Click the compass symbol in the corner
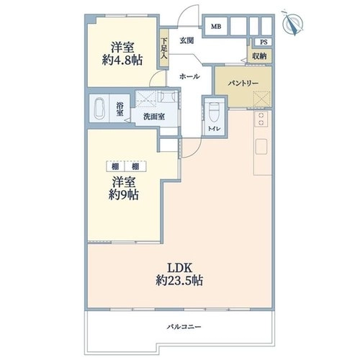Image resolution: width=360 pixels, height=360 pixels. [x=292, y=24]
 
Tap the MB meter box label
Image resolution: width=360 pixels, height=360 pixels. [x=216, y=27]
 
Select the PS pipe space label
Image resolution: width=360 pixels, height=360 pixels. [x=264, y=42]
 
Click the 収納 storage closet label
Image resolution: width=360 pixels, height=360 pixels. [x=259, y=56]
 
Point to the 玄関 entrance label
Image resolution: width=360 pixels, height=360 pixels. [x=186, y=40]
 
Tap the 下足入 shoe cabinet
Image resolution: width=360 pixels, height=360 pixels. [x=164, y=48]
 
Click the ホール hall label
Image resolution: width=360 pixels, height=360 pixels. [x=189, y=76]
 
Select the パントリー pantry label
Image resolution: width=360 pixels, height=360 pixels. [x=243, y=84]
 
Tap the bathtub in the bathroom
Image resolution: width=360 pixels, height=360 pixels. [x=99, y=108]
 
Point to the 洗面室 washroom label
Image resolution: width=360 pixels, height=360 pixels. [x=154, y=117]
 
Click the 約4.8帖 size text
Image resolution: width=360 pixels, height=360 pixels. [x=122, y=60]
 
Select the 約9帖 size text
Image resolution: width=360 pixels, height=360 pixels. [x=123, y=195]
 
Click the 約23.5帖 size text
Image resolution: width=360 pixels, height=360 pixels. [x=179, y=280]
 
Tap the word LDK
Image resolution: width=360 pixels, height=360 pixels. [x=179, y=268]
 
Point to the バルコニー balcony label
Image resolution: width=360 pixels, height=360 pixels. [x=184, y=327]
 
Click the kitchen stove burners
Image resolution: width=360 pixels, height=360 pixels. [x=261, y=119]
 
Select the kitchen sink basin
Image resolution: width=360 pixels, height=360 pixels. [x=261, y=146]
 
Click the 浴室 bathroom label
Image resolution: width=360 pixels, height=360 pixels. [x=120, y=109]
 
